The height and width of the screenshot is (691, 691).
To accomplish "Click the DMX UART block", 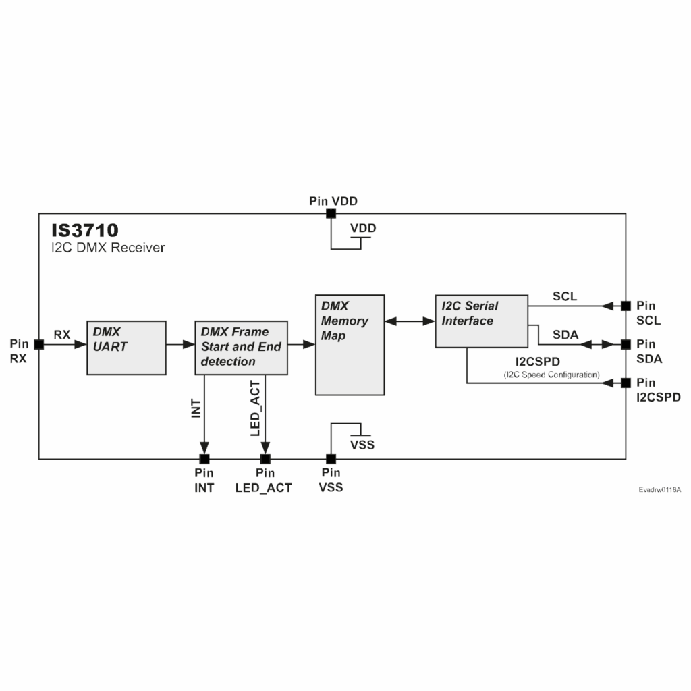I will click(126, 348).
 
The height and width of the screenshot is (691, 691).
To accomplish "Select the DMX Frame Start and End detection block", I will click(241, 348).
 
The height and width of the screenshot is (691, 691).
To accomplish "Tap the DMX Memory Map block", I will click(350, 344).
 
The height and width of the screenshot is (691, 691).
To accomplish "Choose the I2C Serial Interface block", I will click(480, 321).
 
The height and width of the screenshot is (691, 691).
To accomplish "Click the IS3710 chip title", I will click(85, 230).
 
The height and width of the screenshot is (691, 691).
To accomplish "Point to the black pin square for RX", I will click(38, 344).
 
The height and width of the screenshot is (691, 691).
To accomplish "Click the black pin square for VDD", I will click(331, 213).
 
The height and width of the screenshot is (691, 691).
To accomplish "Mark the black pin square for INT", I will click(204, 459).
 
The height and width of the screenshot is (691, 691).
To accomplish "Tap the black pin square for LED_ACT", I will click(265, 459).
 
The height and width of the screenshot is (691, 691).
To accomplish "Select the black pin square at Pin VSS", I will click(331, 459).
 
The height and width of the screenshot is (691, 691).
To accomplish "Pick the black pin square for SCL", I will click(626, 306).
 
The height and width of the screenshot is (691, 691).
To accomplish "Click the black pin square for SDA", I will click(626, 344).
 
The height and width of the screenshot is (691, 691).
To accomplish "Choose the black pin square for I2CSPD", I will click(626, 383).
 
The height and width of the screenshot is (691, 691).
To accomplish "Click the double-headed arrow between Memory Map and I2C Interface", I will click(410, 321).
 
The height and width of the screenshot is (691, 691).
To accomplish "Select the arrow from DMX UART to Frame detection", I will click(180, 344).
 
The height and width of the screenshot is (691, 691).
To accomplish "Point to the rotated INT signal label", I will click(196, 408).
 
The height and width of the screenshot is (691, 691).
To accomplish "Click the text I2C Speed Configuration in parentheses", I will click(551, 375).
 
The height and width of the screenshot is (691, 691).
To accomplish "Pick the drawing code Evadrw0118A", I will click(660, 489).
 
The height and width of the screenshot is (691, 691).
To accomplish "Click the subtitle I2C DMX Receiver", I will click(108, 248).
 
